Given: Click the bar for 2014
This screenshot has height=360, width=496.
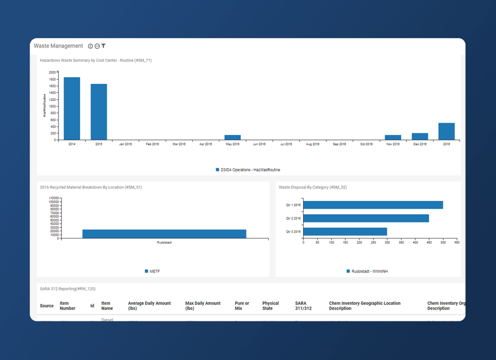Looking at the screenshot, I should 72,109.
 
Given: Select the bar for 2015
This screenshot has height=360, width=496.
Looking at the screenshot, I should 99,112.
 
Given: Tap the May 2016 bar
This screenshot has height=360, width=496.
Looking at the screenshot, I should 232,138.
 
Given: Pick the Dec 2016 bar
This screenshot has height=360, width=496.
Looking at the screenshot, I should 420,136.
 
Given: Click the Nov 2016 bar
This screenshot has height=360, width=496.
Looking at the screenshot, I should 393,137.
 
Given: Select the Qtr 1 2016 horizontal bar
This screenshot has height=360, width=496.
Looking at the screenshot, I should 373,205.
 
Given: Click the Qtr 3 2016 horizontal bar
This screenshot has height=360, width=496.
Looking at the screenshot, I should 345,232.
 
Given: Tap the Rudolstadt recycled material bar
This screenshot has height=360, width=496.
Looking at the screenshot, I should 164,234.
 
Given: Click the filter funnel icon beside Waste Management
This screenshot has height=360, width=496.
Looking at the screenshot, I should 104,46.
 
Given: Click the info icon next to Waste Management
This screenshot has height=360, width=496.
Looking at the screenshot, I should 90,46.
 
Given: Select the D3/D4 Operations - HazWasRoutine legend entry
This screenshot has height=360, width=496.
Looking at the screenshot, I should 248,170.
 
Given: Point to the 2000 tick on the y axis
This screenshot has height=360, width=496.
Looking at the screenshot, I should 52,72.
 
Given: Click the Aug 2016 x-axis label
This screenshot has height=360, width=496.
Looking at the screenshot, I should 312,144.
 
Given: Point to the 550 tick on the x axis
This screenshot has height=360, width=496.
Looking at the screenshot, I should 457,243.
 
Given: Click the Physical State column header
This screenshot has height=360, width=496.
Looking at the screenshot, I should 271,306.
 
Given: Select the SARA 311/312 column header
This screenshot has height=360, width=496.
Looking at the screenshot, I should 303,306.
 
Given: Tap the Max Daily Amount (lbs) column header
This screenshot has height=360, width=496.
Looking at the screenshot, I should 202,306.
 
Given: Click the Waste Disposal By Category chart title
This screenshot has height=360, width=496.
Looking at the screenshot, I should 312,187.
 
